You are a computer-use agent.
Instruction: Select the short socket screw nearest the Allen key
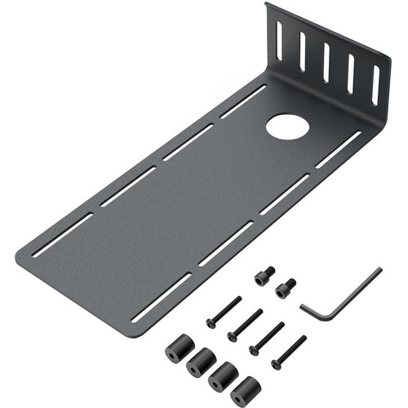tap(286, 288)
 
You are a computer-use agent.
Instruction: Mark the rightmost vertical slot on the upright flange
tap(375, 84)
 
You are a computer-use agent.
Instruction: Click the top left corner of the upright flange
tap(270, 7)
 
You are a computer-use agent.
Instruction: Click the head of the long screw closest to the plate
tap(211, 324)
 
